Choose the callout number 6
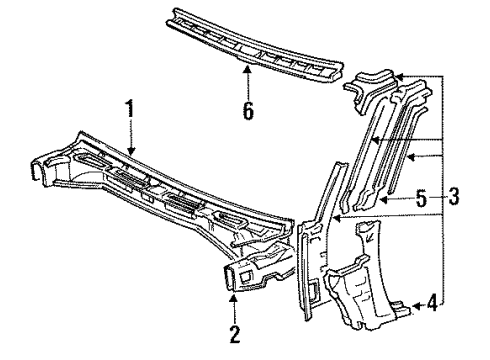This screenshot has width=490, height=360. pyautogui.click(x=247, y=110)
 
